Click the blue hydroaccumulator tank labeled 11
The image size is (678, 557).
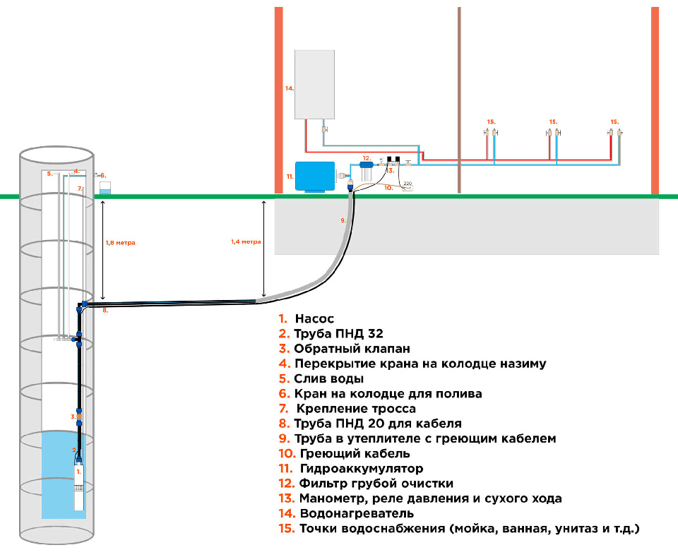coord(314,176)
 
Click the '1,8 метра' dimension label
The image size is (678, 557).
coord(120,243)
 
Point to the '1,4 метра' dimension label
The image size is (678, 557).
coord(246,241)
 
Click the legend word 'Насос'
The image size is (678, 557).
coord(314,318)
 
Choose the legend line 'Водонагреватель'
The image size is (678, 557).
coord(357,513)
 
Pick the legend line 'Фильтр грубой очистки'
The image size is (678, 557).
coord(376,484)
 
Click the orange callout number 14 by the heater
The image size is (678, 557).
coord(289,88)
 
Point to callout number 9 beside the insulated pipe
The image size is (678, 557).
coord(343,221)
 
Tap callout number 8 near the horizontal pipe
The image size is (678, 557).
coord(105,311)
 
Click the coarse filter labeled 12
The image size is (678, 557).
coord(366,172)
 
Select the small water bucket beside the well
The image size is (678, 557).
coord(105,188)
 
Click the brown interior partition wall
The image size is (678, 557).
coord(459,99)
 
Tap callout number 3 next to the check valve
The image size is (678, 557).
coord(73,417)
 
